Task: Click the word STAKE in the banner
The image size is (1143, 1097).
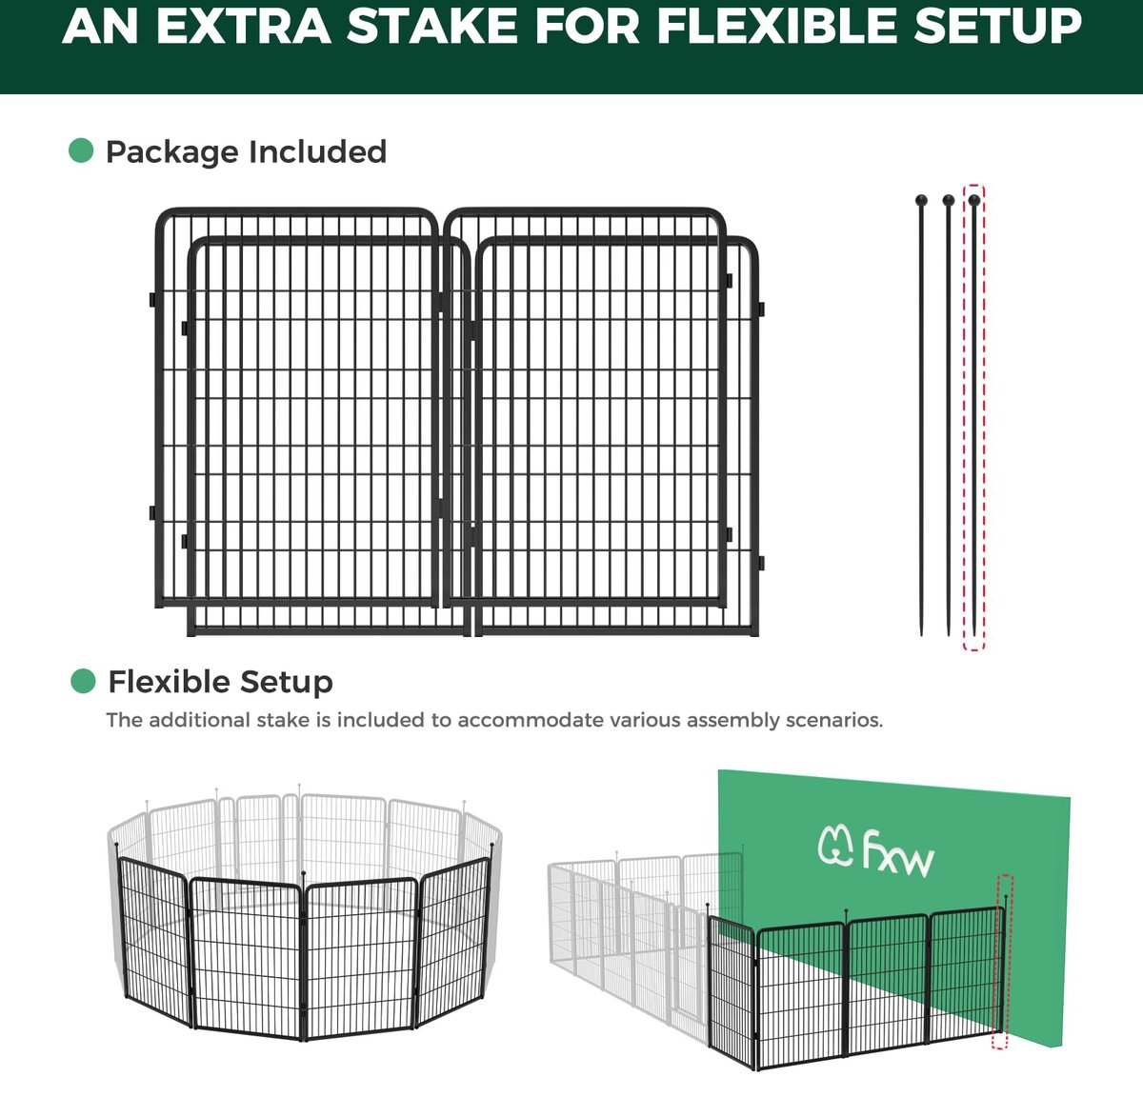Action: pyautogui.click(x=432, y=26)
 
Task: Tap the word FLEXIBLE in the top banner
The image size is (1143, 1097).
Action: pyautogui.click(x=776, y=26)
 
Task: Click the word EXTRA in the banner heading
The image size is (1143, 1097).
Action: pyautogui.click(x=243, y=26)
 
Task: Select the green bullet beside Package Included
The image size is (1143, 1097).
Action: pyautogui.click(x=81, y=150)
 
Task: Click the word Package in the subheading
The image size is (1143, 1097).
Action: pyautogui.click(x=172, y=152)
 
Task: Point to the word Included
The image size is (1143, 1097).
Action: pyautogui.click(x=318, y=151)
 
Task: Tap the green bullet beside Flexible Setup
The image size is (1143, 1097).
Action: pyautogui.click(x=83, y=681)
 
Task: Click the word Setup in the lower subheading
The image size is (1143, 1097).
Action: pyautogui.click(x=287, y=683)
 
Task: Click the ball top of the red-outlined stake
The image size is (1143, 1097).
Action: pyautogui.click(x=973, y=201)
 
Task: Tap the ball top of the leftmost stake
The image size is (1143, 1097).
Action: pyautogui.click(x=921, y=201)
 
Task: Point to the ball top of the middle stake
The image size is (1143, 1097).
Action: pyautogui.click(x=948, y=201)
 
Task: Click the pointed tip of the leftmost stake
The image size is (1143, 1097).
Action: pyautogui.click(x=921, y=635)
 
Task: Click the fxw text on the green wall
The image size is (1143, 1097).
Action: pyautogui.click(x=897, y=852)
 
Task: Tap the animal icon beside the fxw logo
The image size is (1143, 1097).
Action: pyautogui.click(x=835, y=846)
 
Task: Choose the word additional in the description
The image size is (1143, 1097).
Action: pyautogui.click(x=199, y=720)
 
